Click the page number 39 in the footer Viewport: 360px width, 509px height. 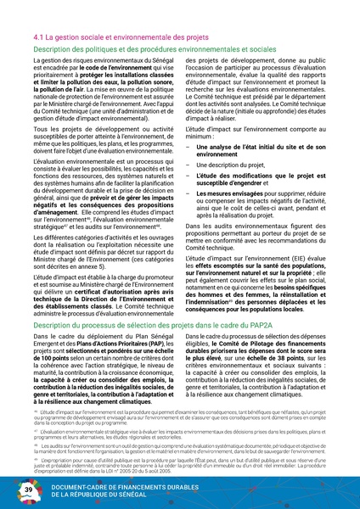pyautogui.click(x=29, y=489)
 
